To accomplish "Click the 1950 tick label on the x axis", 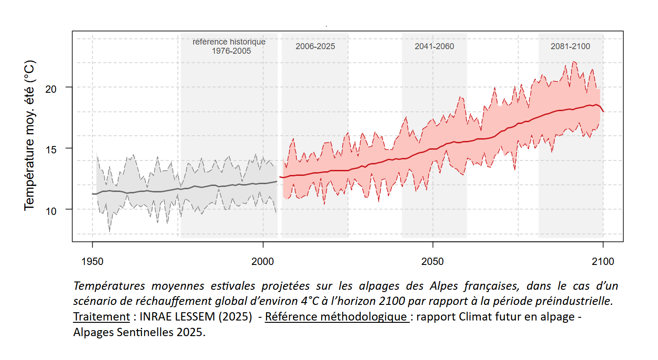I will [x=92, y=261].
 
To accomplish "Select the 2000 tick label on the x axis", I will [x=263, y=261].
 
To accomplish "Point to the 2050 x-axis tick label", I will [x=433, y=261].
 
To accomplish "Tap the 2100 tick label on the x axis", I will [x=603, y=261].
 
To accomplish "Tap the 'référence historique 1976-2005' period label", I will [x=229, y=46].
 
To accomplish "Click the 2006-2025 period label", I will [x=315, y=46].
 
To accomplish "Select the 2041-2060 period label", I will [x=434, y=46].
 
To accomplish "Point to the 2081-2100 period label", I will [x=570, y=46].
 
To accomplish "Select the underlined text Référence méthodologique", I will [x=337, y=317].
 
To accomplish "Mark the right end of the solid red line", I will [x=603, y=111].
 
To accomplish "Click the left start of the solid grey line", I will [x=93, y=194].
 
